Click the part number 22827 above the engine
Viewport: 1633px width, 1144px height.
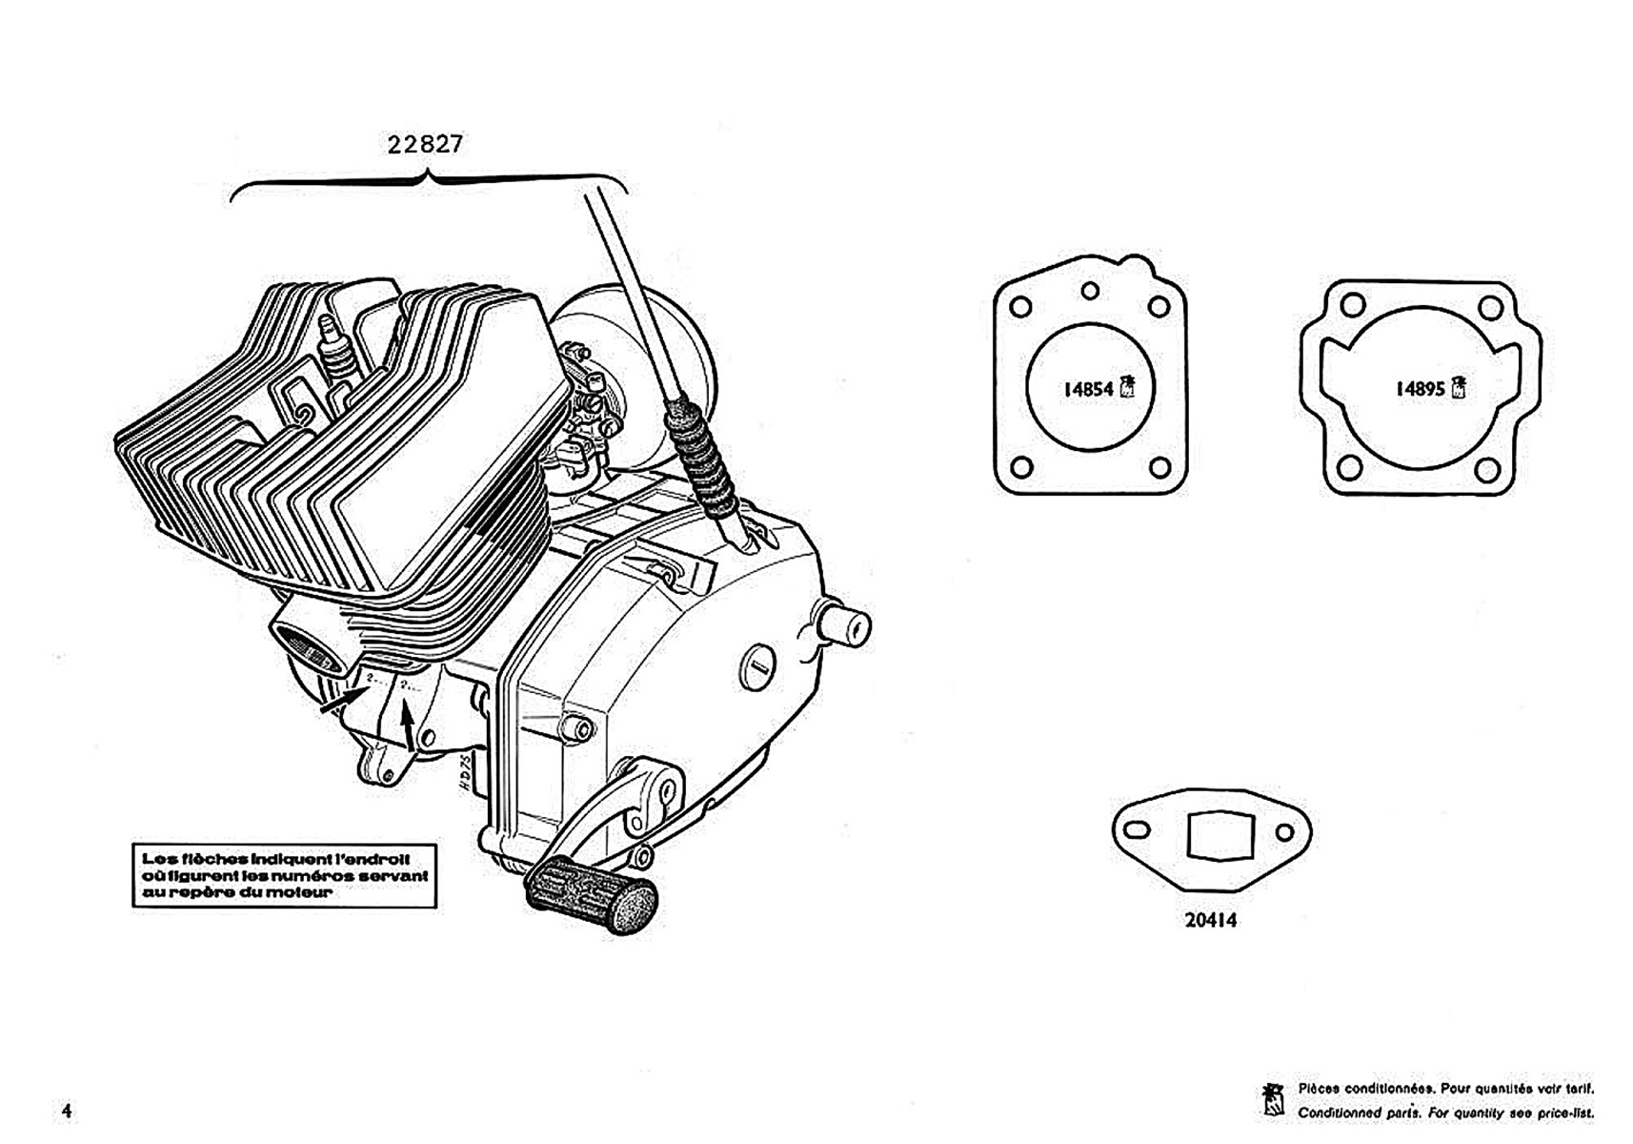(425, 144)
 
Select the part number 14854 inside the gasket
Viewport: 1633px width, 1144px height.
(1087, 389)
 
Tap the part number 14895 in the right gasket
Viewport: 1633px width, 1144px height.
(1420, 389)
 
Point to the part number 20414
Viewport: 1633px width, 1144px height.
(1211, 920)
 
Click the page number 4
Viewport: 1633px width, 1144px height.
(66, 1111)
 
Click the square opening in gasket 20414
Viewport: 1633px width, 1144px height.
(1211, 836)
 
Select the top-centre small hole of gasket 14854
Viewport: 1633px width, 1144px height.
(1091, 291)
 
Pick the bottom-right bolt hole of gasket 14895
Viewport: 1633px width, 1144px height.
(1485, 469)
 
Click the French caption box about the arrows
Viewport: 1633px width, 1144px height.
(284, 875)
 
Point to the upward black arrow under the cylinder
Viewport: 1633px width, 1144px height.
(409, 724)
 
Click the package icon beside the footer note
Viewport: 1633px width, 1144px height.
(1272, 1100)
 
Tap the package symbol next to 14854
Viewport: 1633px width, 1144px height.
(1127, 386)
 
